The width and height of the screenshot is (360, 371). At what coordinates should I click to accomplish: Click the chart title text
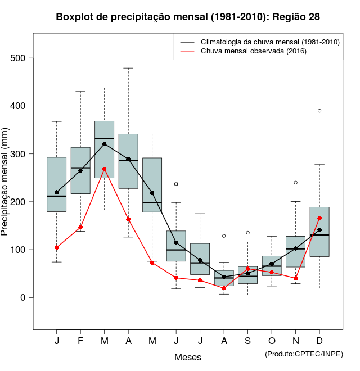point(188,17)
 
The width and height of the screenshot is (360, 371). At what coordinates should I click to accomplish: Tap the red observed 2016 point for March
point(105,169)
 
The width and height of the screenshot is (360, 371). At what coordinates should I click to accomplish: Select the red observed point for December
point(319,218)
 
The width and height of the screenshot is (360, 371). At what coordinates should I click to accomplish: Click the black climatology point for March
point(105,144)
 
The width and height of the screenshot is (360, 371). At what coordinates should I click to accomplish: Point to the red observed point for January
point(56,247)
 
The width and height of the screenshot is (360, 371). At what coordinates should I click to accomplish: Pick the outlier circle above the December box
point(319,111)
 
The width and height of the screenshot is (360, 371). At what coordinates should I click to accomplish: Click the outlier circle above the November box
point(295,183)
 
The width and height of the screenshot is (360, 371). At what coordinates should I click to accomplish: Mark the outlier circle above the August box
point(224,236)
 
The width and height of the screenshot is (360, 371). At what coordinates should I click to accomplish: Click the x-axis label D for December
point(319,341)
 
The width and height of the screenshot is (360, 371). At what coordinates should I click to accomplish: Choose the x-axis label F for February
point(80,341)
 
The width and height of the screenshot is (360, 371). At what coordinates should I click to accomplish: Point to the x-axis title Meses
point(188,357)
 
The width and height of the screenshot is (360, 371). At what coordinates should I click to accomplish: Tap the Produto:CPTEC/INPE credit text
point(304,354)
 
